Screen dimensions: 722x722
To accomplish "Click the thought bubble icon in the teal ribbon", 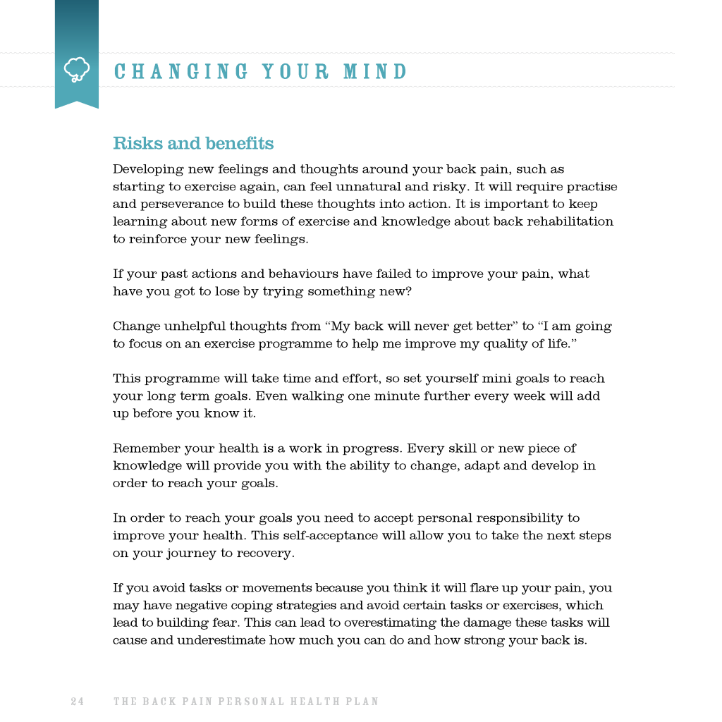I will coord(76,70).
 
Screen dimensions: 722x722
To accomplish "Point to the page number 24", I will coord(77,702).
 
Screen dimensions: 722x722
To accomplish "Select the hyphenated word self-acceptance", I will coord(331,535).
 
